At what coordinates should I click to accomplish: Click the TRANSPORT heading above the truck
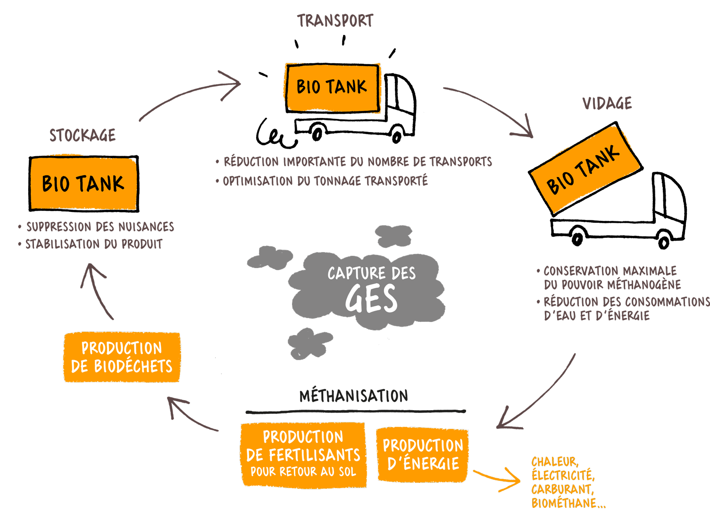coord(335,21)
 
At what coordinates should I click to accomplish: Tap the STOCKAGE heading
coord(83,135)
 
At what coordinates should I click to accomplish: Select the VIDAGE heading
coord(607,103)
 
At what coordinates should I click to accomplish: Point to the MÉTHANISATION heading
coord(354,396)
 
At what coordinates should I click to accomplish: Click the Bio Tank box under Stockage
coord(84,183)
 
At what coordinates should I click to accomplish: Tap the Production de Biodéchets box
coord(122,357)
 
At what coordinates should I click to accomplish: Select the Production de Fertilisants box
coord(303,455)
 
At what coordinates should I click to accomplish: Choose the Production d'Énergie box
coord(423,455)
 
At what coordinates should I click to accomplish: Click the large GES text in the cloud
coord(371,299)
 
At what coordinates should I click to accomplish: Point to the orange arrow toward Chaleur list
coord(498,479)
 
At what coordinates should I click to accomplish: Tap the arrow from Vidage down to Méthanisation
coord(538,396)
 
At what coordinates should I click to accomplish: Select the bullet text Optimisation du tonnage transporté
coord(325,181)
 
